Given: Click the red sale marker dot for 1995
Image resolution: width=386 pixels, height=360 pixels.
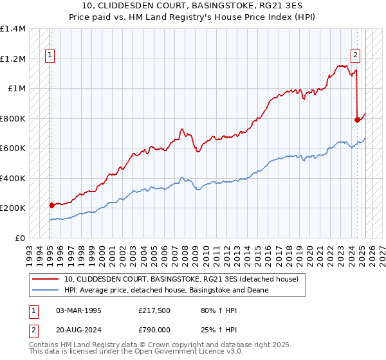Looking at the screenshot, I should pyautogui.click(x=51, y=205).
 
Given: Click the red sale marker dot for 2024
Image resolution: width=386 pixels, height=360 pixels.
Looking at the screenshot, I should pyautogui.click(x=357, y=119).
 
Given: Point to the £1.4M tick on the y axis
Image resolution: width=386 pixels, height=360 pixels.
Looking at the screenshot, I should pyautogui.click(x=13, y=29).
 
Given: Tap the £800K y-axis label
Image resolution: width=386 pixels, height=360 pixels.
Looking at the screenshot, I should pyautogui.click(x=13, y=118).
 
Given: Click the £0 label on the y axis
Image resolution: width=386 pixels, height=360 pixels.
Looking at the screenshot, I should pyautogui.click(x=19, y=238).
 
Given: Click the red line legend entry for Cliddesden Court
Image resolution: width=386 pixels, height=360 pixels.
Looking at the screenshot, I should pyautogui.click(x=181, y=280).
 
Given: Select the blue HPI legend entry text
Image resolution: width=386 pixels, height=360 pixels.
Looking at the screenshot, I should pyautogui.click(x=166, y=291).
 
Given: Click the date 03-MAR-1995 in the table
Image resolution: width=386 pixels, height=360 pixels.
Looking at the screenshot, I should pyautogui.click(x=79, y=310).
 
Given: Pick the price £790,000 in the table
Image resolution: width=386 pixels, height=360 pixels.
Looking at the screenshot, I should pyautogui.click(x=156, y=329).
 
